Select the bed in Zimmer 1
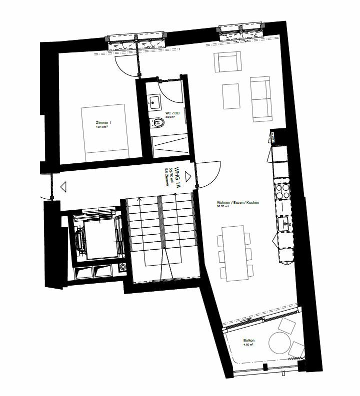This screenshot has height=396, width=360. (106, 131)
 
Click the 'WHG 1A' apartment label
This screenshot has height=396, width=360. (177, 176)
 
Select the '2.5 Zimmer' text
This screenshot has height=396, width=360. (166, 176)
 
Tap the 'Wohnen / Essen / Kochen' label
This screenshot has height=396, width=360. (231, 203)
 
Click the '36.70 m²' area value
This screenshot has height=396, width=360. (222, 207)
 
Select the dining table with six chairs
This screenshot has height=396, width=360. (233, 252)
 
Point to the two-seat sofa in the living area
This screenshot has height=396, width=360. (260, 99)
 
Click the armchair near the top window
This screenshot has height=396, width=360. (228, 63)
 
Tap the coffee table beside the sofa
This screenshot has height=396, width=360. (231, 95)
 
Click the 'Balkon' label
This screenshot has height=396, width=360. (248, 341)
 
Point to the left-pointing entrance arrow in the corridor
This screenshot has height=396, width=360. (63, 187)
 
